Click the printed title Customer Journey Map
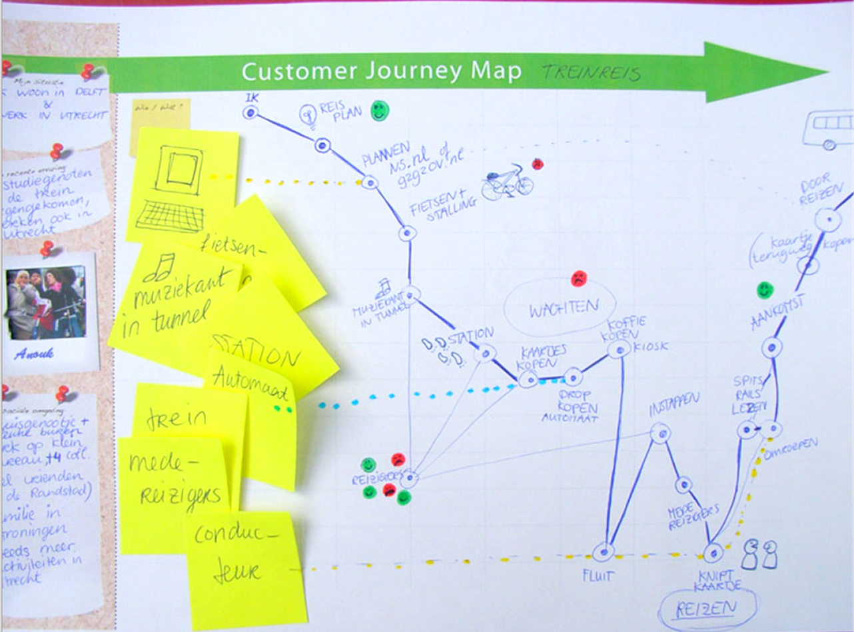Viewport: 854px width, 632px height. tap(381, 71)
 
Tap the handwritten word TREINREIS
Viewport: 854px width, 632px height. tap(590, 72)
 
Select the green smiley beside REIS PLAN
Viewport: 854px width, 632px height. tap(379, 111)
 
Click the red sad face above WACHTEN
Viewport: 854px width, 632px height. tap(578, 278)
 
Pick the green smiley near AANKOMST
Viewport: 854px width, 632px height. tap(765, 290)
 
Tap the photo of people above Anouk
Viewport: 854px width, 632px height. tap(47, 303)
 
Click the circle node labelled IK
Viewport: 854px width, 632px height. tap(250, 113)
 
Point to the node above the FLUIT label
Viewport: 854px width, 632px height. tap(603, 551)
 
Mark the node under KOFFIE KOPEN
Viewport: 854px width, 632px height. tap(620, 350)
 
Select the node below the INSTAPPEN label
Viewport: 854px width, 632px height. tap(661, 434)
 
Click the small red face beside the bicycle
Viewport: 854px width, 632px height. tap(538, 164)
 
